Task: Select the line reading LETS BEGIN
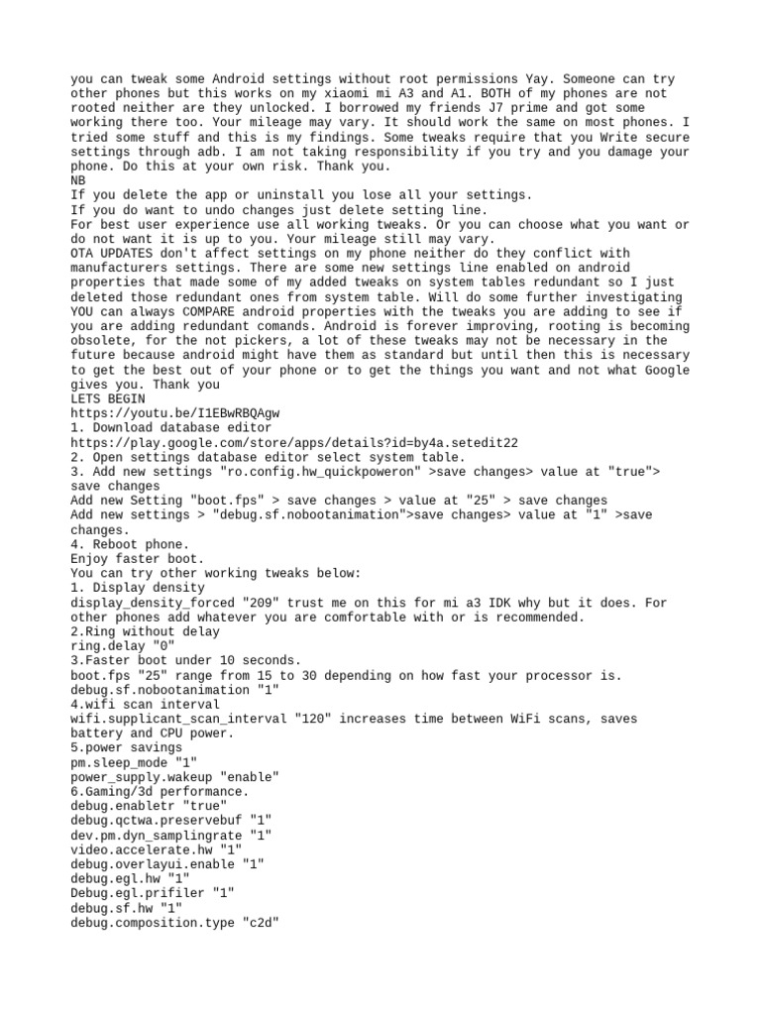point(108,398)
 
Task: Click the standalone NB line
point(79,181)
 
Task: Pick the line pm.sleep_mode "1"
point(134,762)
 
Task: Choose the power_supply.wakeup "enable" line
point(174,777)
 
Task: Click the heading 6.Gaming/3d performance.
point(161,792)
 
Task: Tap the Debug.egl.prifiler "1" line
point(153,893)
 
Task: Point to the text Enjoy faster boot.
point(137,559)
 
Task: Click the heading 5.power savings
point(127,748)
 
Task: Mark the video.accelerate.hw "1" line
point(157,849)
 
